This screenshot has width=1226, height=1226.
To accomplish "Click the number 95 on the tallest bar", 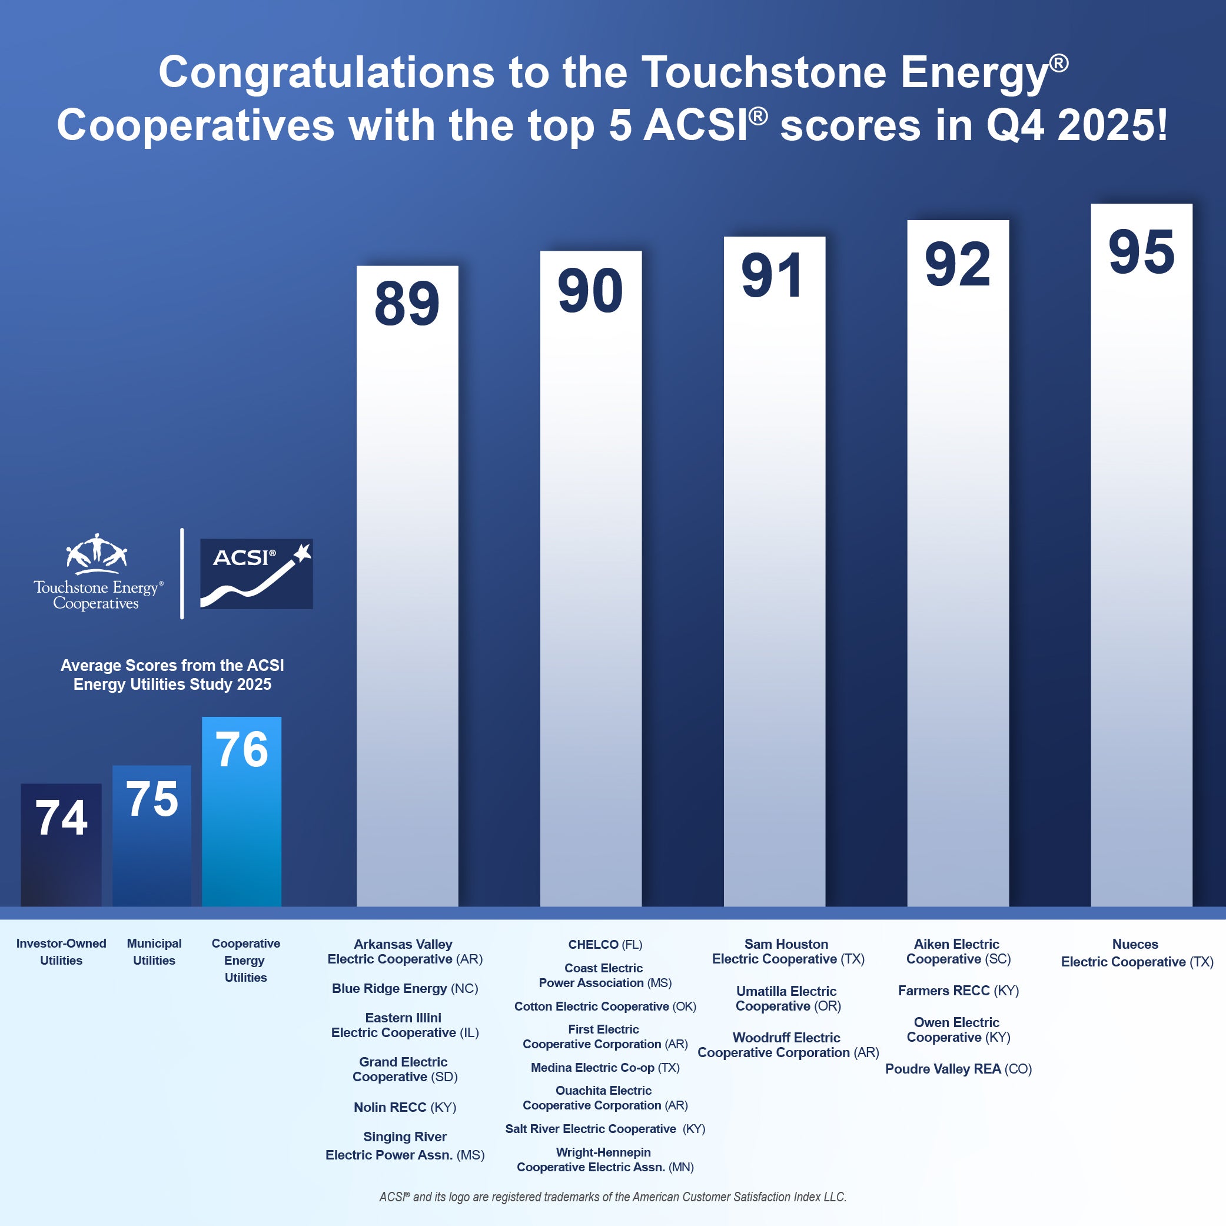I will (1141, 252).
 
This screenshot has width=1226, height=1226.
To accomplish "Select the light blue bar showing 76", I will (241, 812).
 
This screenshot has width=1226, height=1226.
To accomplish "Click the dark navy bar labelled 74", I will (61, 844).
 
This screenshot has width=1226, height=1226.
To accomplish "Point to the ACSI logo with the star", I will (257, 574).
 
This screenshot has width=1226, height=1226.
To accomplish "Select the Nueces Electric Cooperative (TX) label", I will (1137, 952).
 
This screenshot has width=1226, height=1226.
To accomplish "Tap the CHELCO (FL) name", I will (604, 944).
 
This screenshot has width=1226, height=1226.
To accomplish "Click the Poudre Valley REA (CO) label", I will (958, 1069).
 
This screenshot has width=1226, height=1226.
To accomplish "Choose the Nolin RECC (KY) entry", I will (405, 1107).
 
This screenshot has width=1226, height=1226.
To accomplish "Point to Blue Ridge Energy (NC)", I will (405, 988).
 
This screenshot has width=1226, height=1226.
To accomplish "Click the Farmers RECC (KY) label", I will (958, 991).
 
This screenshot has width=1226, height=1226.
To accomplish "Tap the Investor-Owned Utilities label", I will (61, 952).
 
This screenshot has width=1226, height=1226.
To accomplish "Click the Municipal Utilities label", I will (154, 952).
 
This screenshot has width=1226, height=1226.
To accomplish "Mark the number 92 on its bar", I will (957, 265).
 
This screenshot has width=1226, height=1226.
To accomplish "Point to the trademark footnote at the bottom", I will (612, 1197).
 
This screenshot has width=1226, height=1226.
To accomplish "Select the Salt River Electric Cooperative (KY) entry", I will (604, 1129).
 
